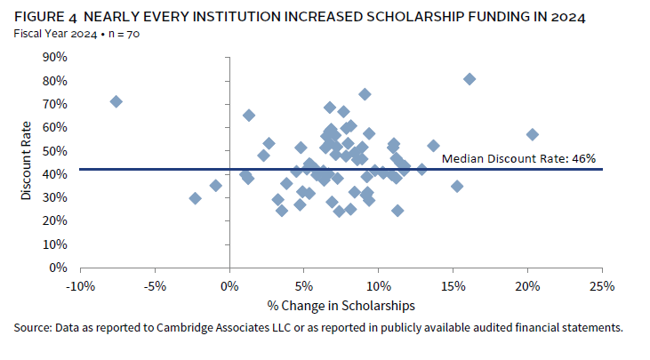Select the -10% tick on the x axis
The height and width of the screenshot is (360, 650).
81,285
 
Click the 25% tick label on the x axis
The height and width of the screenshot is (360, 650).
602,285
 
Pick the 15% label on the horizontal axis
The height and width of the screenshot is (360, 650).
453,285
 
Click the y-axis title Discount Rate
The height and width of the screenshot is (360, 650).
27,162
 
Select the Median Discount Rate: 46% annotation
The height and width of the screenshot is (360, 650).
518,159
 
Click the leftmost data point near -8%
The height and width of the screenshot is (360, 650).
116,101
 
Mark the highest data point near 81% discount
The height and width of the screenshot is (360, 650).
469,79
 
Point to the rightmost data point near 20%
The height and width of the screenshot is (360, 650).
532,134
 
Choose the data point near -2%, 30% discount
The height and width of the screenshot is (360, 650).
196,198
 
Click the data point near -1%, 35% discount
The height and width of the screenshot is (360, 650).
215,186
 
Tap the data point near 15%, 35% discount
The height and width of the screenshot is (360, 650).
457,186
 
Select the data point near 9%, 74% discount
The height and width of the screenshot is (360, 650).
365,94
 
